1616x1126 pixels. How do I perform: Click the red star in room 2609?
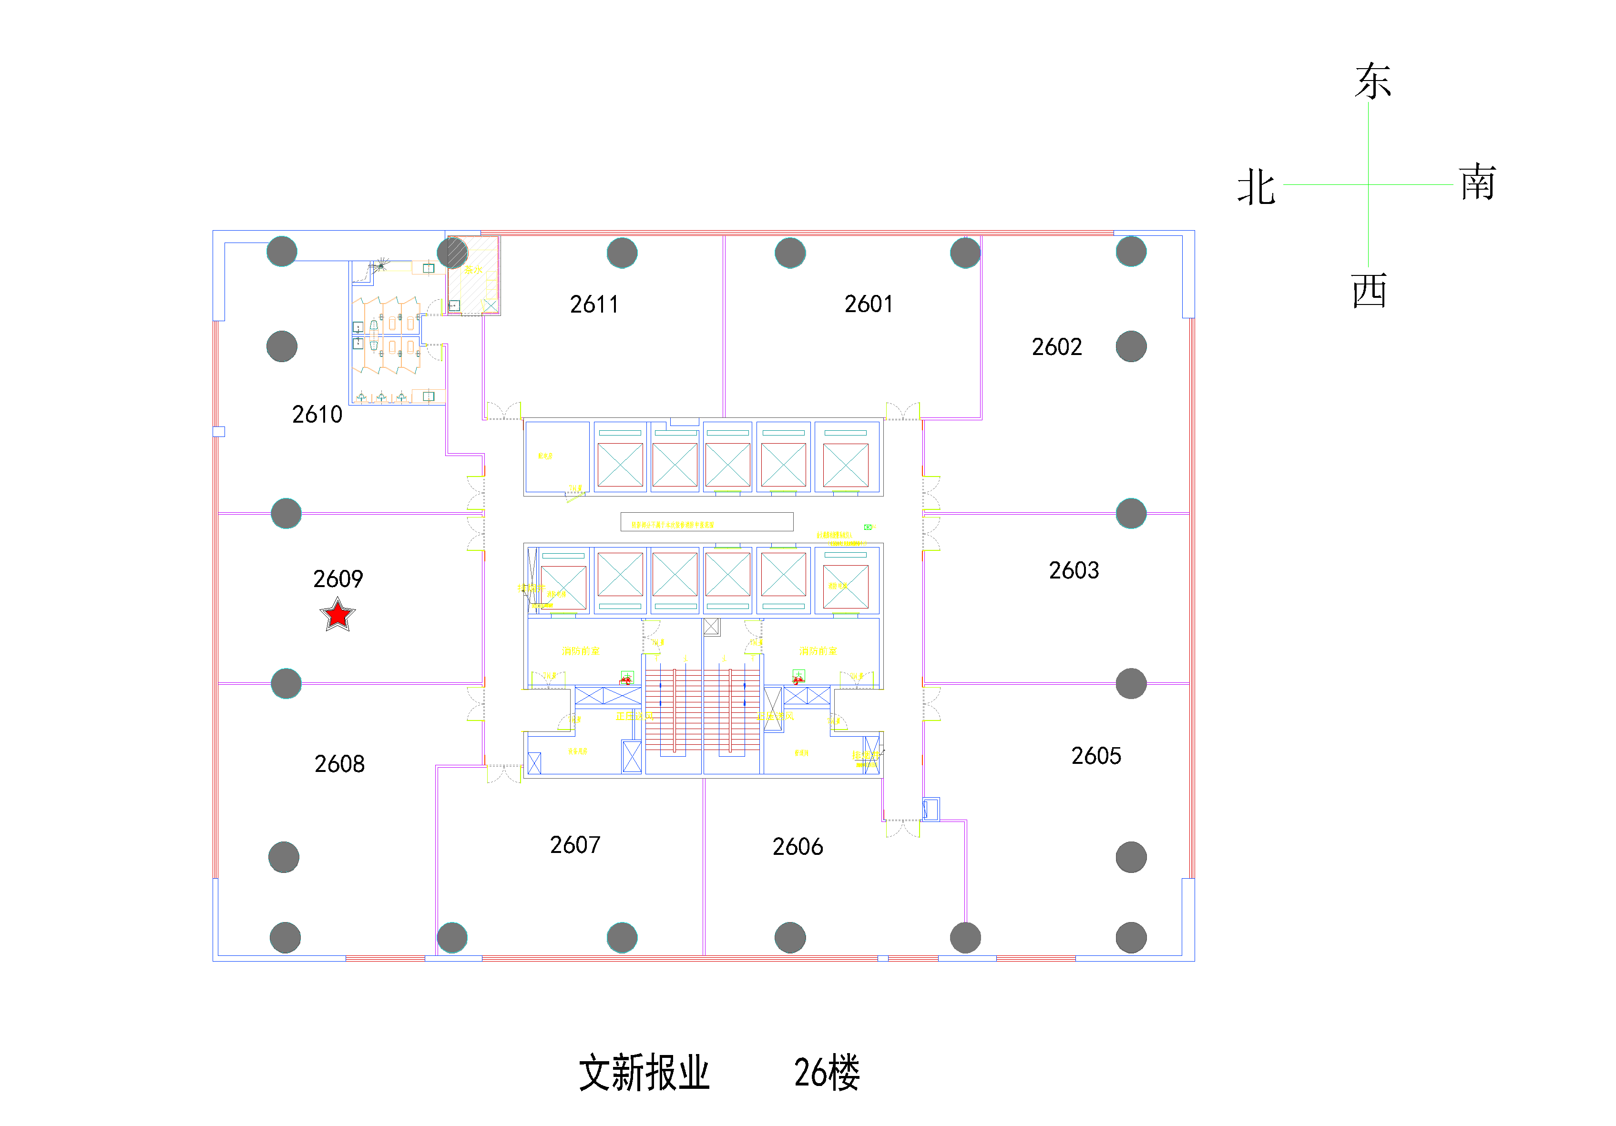pyautogui.click(x=338, y=614)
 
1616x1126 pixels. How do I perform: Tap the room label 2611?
pyautogui.click(x=594, y=304)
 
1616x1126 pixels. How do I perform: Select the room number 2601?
pyautogui.click(x=869, y=304)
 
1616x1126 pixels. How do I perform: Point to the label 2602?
pyautogui.click(x=1056, y=347)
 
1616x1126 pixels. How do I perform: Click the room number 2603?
pyautogui.click(x=1074, y=570)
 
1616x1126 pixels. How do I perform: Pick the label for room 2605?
pyautogui.click(x=1096, y=756)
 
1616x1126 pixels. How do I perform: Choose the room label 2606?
pyautogui.click(x=798, y=847)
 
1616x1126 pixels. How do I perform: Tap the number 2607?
pyautogui.click(x=575, y=844)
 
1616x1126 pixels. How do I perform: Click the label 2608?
pyautogui.click(x=339, y=763)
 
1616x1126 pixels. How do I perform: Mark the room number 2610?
pyautogui.click(x=317, y=415)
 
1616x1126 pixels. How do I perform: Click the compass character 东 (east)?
pyautogui.click(x=1372, y=81)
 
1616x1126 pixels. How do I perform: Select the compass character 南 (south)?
pyautogui.click(x=1477, y=183)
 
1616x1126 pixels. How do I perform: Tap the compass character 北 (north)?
pyautogui.click(x=1257, y=187)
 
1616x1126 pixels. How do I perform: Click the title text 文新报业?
pyautogui.click(x=644, y=1073)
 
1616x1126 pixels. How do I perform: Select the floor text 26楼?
pyautogui.click(x=826, y=1073)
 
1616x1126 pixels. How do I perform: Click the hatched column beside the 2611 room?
pyautogui.click(x=452, y=253)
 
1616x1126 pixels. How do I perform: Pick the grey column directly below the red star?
pyautogui.click(x=286, y=683)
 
